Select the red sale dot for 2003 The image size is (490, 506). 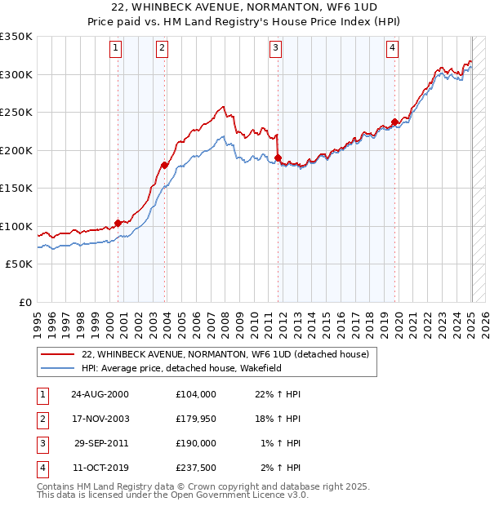pyautogui.click(x=164, y=165)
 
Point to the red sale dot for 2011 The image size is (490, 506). pyautogui.click(x=278, y=158)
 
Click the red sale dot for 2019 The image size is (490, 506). pyautogui.click(x=394, y=122)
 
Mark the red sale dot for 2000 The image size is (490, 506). pyautogui.click(x=118, y=222)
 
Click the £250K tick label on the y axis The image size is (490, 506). pyautogui.click(x=16, y=112)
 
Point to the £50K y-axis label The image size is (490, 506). pyautogui.click(x=19, y=264)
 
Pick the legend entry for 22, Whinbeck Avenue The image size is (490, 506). pyautogui.click(x=225, y=354)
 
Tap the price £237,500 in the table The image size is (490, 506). pyautogui.click(x=195, y=468)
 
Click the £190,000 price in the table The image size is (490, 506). pyautogui.click(x=195, y=443)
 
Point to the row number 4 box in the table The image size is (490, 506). pyautogui.click(x=42, y=468)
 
